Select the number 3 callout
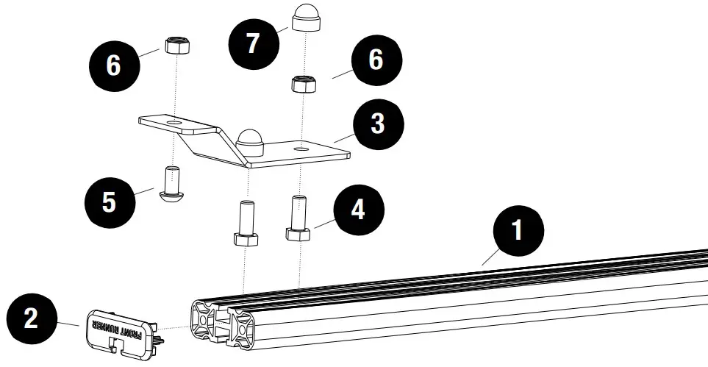tap(377, 124)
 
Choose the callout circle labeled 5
tap(109, 202)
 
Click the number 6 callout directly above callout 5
tap(113, 65)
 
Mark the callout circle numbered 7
tap(253, 43)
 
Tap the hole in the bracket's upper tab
tap(174, 118)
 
